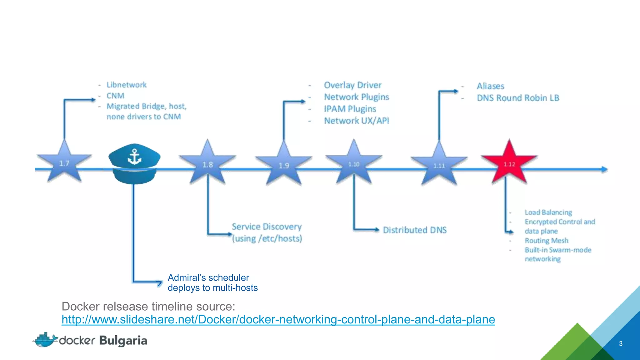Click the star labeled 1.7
click(64, 163)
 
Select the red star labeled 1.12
click(509, 164)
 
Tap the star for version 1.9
click(284, 165)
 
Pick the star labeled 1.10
click(354, 164)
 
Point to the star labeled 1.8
click(207, 164)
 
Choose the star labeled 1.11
click(439, 165)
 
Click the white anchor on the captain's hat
click(135, 157)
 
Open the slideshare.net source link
click(278, 319)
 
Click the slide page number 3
click(621, 344)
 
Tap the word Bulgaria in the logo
click(123, 341)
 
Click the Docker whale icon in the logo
click(46, 340)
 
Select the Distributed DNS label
click(415, 230)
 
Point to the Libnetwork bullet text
click(126, 85)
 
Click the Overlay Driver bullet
click(353, 85)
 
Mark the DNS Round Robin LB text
click(518, 98)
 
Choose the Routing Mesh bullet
click(547, 241)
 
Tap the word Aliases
click(491, 86)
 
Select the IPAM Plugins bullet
click(350, 109)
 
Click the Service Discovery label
click(267, 227)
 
